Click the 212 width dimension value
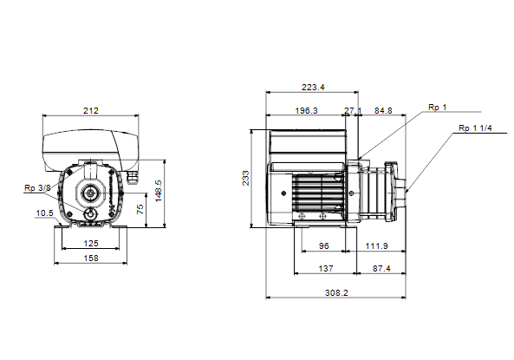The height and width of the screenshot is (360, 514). [x=90, y=110]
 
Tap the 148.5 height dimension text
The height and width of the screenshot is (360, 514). [x=159, y=191]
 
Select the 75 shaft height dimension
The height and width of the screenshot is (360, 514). [x=140, y=209]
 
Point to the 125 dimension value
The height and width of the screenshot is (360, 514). [x=91, y=243]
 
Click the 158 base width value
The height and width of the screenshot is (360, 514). [x=91, y=258]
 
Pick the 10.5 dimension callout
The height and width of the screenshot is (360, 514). [x=44, y=213]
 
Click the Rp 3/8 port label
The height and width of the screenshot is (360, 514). [x=37, y=188]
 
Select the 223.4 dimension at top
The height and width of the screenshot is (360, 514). [x=313, y=87]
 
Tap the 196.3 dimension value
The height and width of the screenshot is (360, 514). [x=307, y=110]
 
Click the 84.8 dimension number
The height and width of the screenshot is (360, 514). [x=383, y=110]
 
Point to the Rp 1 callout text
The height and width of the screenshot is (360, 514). [x=438, y=108]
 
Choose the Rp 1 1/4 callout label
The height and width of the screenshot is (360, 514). [x=475, y=128]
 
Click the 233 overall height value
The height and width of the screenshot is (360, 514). [x=245, y=178]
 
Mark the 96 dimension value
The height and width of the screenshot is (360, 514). [x=323, y=245]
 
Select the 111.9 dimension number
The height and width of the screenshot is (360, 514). [x=377, y=245]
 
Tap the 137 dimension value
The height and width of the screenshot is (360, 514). [x=326, y=268]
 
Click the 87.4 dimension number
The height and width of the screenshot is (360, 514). [x=381, y=268]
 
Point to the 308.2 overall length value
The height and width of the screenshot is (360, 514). [x=336, y=292]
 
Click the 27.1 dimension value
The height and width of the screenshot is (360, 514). [x=353, y=110]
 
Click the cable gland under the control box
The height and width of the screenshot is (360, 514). [x=133, y=178]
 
